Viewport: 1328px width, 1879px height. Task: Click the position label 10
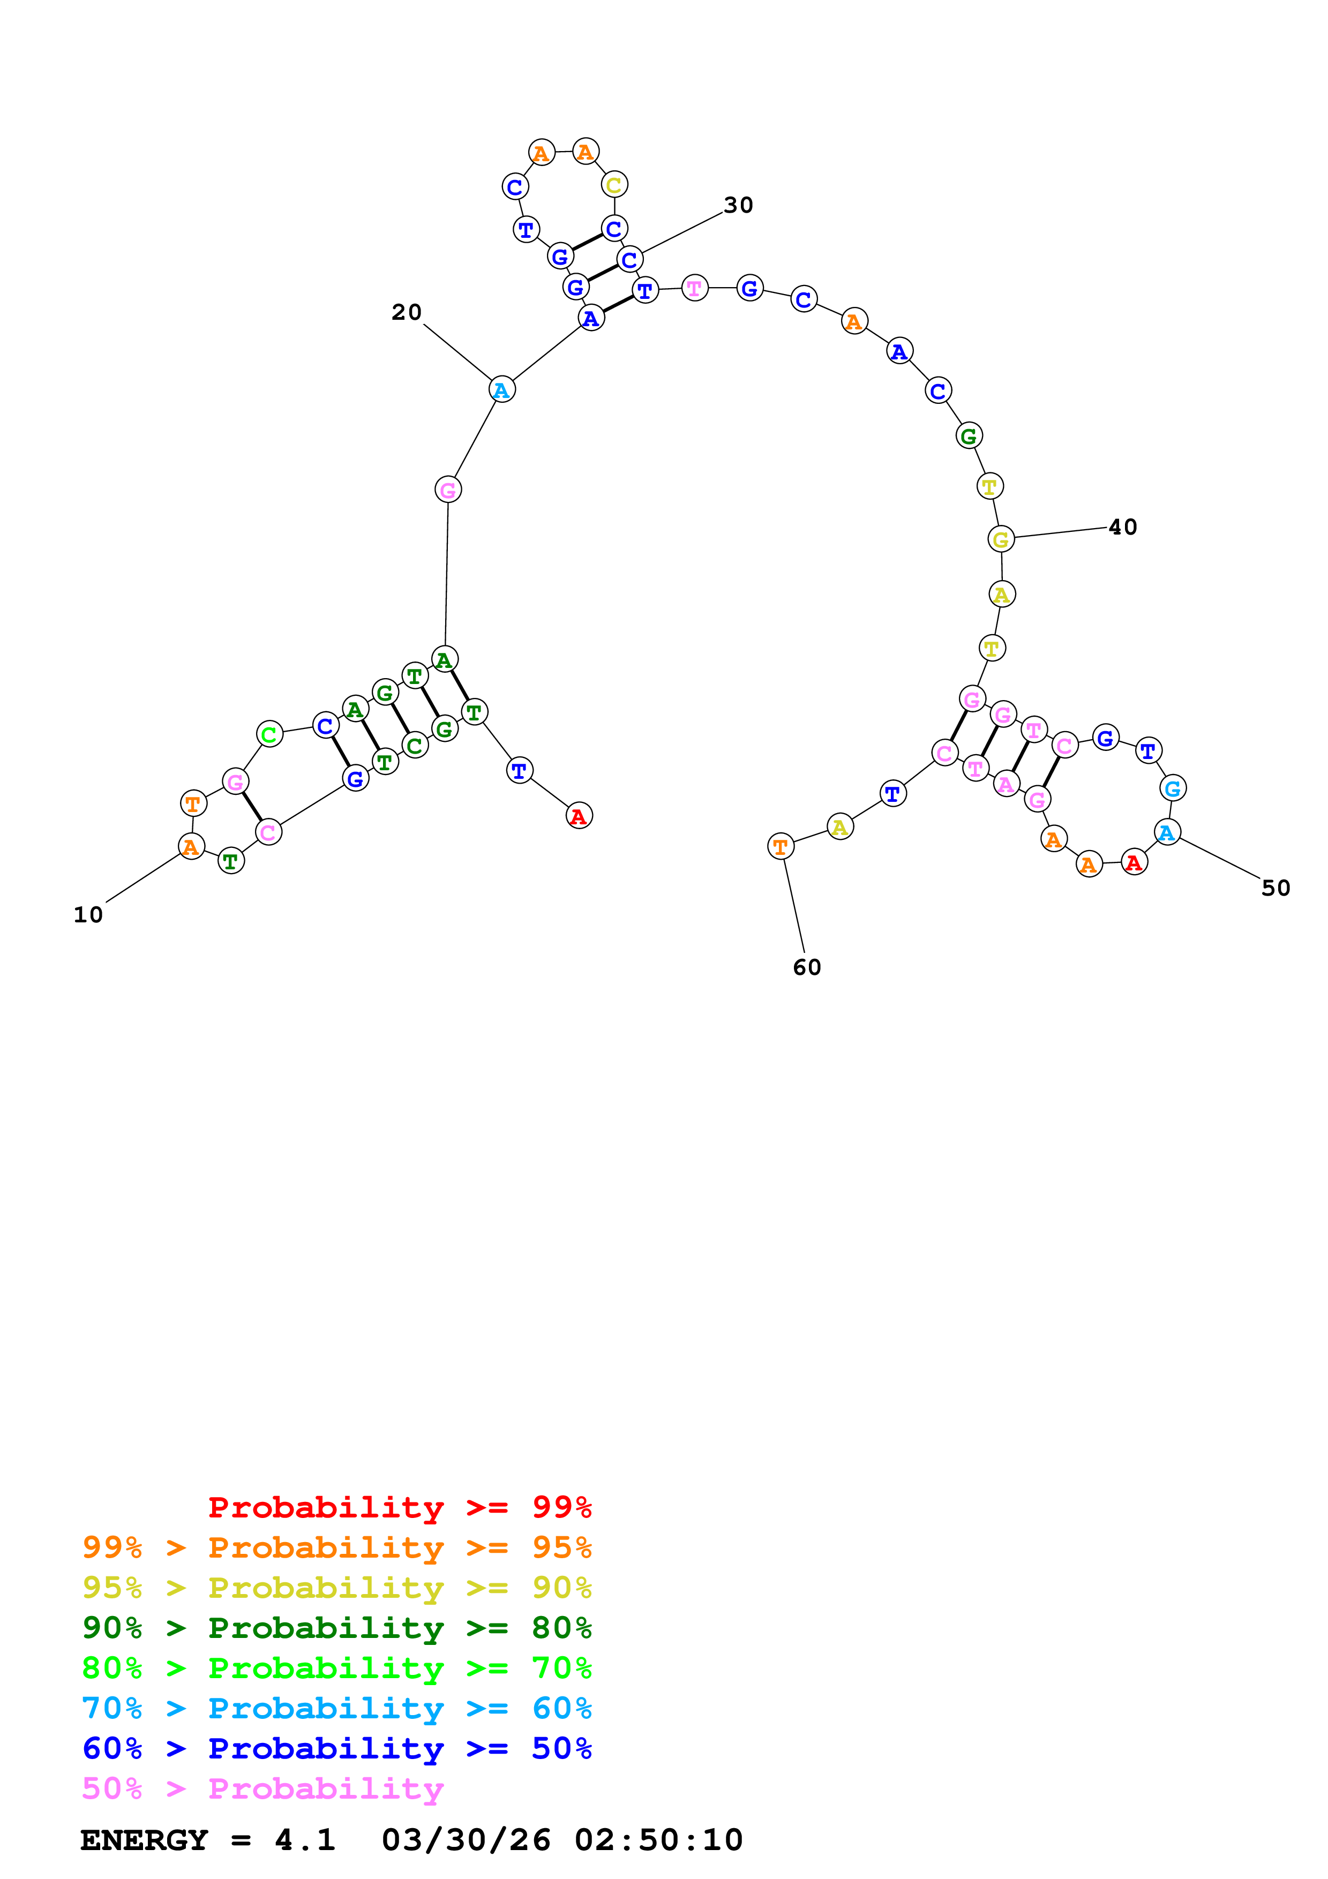pyautogui.click(x=88, y=915)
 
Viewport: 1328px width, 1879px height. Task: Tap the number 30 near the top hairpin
pyautogui.click(x=738, y=205)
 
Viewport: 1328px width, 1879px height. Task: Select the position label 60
pyautogui.click(x=807, y=967)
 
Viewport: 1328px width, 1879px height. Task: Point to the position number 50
pyautogui.click(x=1276, y=888)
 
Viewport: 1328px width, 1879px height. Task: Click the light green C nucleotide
pyautogui.click(x=269, y=734)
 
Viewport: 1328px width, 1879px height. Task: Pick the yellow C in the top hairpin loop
pyautogui.click(x=614, y=185)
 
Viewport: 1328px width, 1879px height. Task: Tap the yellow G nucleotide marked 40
pyautogui.click(x=1001, y=539)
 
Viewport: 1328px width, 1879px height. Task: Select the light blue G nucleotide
pyautogui.click(x=1173, y=788)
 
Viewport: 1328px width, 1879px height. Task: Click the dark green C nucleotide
pyautogui.click(x=415, y=746)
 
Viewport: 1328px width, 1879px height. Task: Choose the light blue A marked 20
pyautogui.click(x=501, y=389)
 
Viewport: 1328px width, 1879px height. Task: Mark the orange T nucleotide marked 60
pyautogui.click(x=781, y=846)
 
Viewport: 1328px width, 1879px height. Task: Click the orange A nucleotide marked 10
pyautogui.click(x=191, y=846)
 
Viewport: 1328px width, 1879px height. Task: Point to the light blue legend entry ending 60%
pyautogui.click(x=336, y=1708)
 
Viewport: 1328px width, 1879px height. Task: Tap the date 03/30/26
pyautogui.click(x=466, y=1840)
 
